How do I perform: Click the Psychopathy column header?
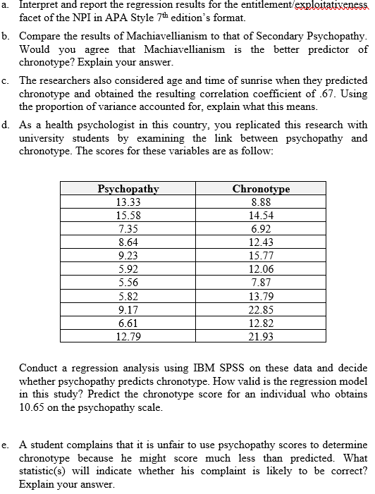point(128,189)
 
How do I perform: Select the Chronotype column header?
point(261,189)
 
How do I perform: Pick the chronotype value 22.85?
point(261,311)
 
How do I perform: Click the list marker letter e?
point(6,445)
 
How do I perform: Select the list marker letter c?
point(6,82)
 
